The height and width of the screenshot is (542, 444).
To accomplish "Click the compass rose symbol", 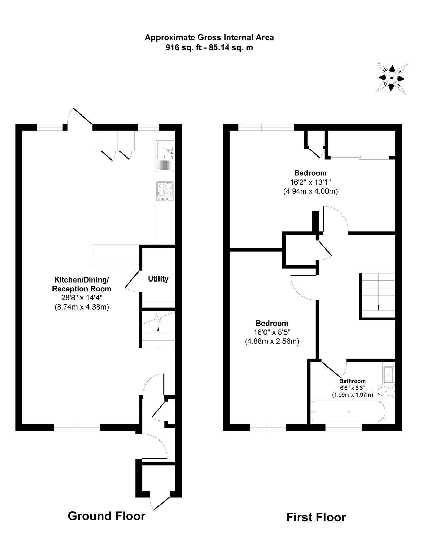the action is (x=391, y=78).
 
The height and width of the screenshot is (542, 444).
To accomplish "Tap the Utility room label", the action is (x=158, y=279).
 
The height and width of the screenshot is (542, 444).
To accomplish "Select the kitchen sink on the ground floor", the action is (x=165, y=156).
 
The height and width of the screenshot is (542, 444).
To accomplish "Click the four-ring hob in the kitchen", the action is (x=165, y=191).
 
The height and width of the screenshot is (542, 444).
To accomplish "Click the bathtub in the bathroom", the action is (x=348, y=412).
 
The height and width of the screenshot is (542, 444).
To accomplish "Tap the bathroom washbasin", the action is (x=389, y=374).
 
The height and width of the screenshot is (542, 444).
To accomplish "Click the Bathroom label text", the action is (x=352, y=381).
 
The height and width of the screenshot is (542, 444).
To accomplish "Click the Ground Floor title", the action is (x=107, y=516).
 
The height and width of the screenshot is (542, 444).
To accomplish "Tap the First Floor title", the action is (x=316, y=517).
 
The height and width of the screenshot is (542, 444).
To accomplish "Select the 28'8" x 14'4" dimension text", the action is (x=82, y=298).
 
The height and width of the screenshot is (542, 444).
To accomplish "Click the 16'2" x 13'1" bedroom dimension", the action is (x=310, y=182).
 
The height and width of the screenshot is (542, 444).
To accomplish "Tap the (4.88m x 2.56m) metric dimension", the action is (x=272, y=341).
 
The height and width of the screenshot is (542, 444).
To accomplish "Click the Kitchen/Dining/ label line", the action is (x=82, y=279).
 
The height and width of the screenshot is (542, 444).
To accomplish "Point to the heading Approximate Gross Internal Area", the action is (x=209, y=38).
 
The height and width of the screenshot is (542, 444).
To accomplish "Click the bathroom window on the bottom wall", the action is (x=344, y=428).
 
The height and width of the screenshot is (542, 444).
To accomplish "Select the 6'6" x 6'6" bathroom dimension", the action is (x=352, y=388).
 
